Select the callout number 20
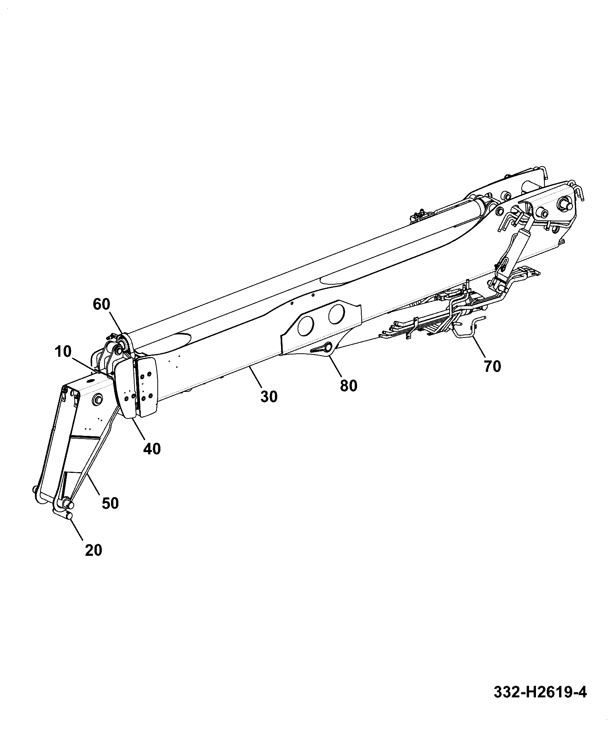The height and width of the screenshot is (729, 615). [93, 549]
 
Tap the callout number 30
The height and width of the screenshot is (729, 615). [269, 396]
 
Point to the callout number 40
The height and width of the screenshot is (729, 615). [152, 448]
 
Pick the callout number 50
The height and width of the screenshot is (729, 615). [110, 503]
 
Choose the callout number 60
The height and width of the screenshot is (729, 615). [102, 304]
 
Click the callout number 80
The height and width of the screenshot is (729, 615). [349, 385]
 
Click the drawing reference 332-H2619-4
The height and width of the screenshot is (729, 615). [540, 692]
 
